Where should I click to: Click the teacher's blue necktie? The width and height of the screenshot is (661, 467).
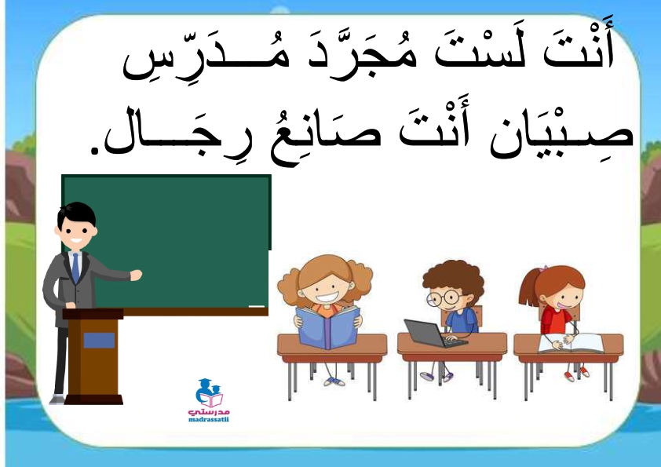coord(75,267)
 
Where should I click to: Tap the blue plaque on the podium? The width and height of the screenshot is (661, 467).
coord(99,340)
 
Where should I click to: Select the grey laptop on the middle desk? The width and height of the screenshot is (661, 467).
coord(434,334)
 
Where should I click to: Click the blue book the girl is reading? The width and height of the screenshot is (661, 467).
coord(328,327)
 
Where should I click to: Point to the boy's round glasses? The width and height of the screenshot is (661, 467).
coord(443,298)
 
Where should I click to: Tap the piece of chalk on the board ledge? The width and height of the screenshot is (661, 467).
coord(256,306)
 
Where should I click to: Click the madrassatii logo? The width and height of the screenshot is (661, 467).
coord(209,400)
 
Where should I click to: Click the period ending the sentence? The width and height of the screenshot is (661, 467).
coord(95,150)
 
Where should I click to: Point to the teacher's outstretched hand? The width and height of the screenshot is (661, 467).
coord(136,275)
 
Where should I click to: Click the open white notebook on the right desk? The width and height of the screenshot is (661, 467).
coord(572,343)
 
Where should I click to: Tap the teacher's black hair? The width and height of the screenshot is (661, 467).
coord(77,214)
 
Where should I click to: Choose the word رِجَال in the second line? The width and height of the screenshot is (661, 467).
coord(177,132)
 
